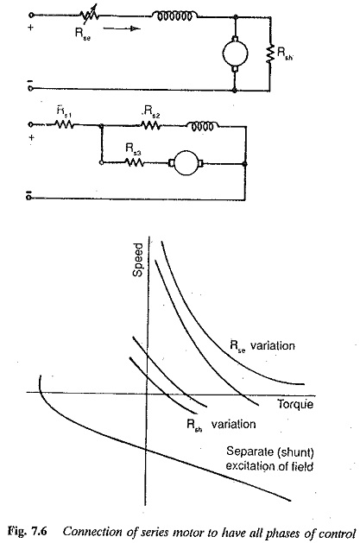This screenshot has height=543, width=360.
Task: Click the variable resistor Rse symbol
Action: (x=89, y=15)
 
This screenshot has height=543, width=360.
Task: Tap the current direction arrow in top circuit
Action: (x=122, y=28)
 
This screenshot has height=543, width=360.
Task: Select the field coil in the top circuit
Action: (x=174, y=16)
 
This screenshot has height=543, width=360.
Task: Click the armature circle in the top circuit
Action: (x=235, y=54)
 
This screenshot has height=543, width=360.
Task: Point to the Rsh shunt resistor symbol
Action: (x=269, y=54)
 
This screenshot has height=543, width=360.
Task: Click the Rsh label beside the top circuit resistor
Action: (x=285, y=54)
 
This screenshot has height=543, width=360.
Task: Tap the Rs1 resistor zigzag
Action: (x=64, y=124)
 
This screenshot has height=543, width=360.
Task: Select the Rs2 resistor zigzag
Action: (x=151, y=124)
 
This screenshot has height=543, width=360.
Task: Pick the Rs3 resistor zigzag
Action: (x=134, y=162)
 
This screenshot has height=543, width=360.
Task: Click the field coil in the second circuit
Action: (x=203, y=125)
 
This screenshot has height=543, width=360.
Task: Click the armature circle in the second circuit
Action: (x=186, y=163)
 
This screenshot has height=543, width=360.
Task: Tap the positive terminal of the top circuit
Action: (x=31, y=16)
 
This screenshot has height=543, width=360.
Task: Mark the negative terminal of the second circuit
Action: (x=29, y=198)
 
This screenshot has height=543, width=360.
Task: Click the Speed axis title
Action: (x=138, y=260)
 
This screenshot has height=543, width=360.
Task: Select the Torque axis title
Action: (x=295, y=404)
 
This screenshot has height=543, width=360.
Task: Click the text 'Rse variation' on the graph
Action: (x=262, y=346)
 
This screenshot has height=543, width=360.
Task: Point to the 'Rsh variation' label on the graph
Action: (x=221, y=425)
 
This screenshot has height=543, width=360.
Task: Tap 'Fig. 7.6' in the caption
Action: (x=28, y=532)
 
